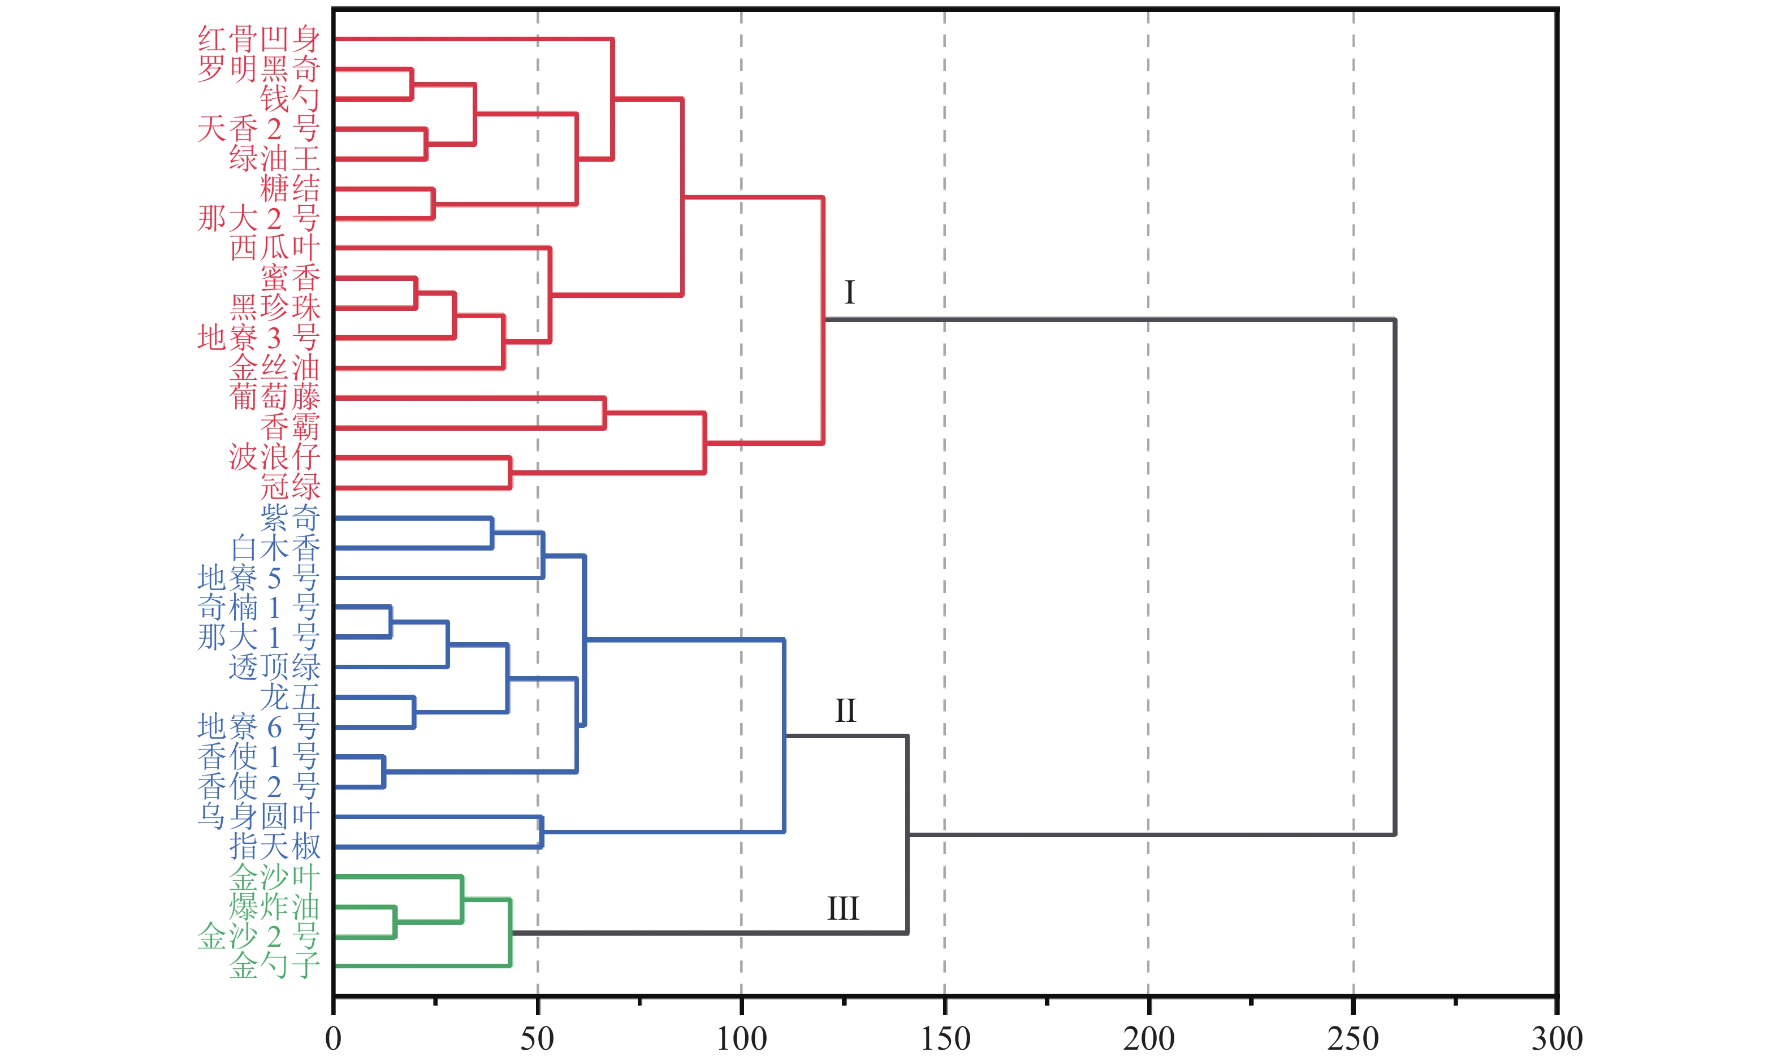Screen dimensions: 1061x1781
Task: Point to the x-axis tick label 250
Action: coord(1353,1038)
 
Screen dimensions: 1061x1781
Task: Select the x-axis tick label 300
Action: coord(1557,1038)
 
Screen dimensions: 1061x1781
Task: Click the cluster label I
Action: coord(849,292)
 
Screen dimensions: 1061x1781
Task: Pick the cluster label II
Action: coord(845,711)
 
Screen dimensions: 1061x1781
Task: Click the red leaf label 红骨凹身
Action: coord(258,40)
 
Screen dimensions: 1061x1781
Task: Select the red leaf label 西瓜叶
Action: coord(275,248)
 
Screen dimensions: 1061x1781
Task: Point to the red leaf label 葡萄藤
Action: coord(275,397)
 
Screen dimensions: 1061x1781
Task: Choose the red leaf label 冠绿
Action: coord(289,487)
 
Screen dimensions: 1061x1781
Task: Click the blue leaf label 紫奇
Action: coord(289,518)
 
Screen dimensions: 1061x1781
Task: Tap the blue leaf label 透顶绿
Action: coord(275,666)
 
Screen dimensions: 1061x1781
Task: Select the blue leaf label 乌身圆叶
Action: coord(258,816)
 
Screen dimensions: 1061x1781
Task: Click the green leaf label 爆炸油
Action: coord(275,907)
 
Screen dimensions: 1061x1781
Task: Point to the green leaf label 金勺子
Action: coord(275,966)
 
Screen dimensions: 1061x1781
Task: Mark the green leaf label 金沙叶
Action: coord(275,877)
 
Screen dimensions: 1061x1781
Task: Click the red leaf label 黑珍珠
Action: coord(275,308)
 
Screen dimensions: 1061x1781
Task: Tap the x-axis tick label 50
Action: coord(537,1038)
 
